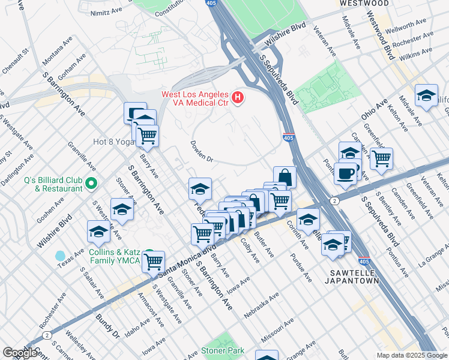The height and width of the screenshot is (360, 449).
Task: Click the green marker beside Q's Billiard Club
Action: [x=91, y=183]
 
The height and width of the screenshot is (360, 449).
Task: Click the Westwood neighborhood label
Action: [x=364, y=4]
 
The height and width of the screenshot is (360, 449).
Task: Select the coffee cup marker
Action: [x=345, y=173]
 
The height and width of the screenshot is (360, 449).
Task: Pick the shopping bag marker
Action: [x=285, y=177]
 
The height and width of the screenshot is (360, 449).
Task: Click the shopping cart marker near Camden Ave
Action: [x=381, y=158]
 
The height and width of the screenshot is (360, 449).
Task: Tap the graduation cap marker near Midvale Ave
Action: [x=427, y=95]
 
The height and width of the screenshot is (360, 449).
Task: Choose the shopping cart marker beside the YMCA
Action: [x=154, y=261]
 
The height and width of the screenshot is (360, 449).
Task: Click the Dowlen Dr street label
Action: [x=202, y=151]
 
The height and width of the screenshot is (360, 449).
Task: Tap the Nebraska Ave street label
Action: [x=262, y=305]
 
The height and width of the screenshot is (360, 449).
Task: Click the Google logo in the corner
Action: [x=20, y=353]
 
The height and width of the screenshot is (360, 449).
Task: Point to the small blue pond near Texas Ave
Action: [x=60, y=256]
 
